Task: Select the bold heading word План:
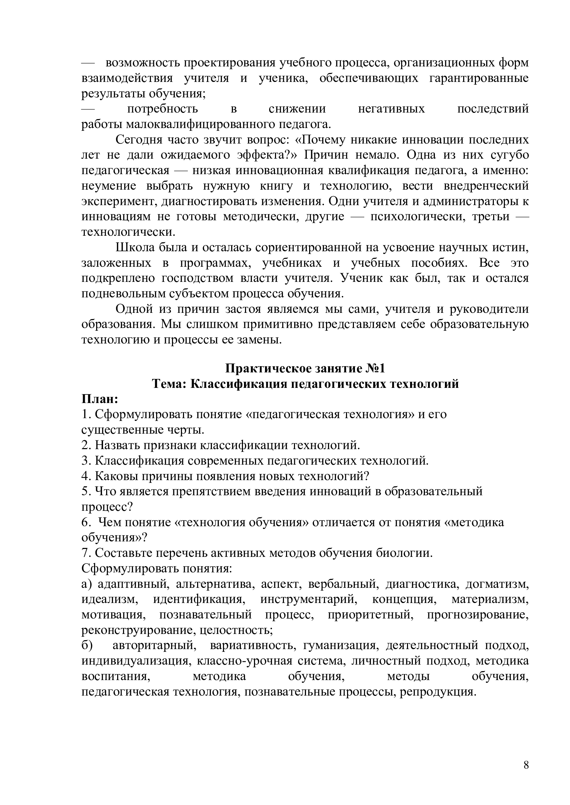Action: [100, 399]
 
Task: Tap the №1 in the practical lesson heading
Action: [376, 369]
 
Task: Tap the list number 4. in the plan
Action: [86, 476]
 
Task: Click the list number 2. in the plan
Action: [86, 445]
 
